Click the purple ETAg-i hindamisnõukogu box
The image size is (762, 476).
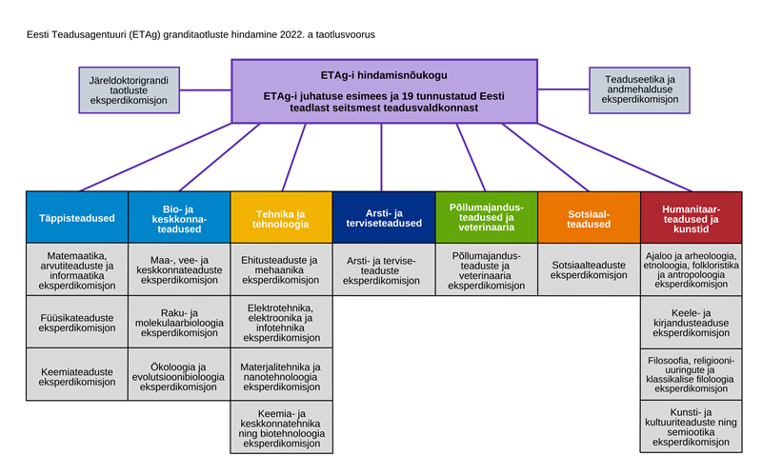[383, 91]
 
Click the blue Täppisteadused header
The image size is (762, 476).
[77, 217]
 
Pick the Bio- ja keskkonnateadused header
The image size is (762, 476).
[179, 217]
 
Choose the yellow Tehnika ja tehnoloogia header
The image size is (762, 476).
[280, 217]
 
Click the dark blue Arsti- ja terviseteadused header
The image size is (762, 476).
[383, 217]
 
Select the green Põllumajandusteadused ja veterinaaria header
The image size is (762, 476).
[486, 217]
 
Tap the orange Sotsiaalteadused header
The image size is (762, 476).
[588, 217]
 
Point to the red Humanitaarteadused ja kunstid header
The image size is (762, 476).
[691, 217]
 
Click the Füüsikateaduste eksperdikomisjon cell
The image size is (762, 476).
[77, 321]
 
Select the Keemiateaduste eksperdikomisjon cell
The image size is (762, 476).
[77, 374]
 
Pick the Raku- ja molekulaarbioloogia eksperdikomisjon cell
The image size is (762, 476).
[179, 322]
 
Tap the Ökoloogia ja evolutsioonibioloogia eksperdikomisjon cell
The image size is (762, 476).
[179, 374]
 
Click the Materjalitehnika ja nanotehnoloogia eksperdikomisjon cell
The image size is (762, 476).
[280, 374]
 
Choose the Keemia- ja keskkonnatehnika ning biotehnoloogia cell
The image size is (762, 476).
[280, 426]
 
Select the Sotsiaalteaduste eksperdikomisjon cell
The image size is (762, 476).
[588, 269]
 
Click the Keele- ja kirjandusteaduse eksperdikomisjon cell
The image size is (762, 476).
[691, 322]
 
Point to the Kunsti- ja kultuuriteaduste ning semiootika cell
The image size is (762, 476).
[691, 426]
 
